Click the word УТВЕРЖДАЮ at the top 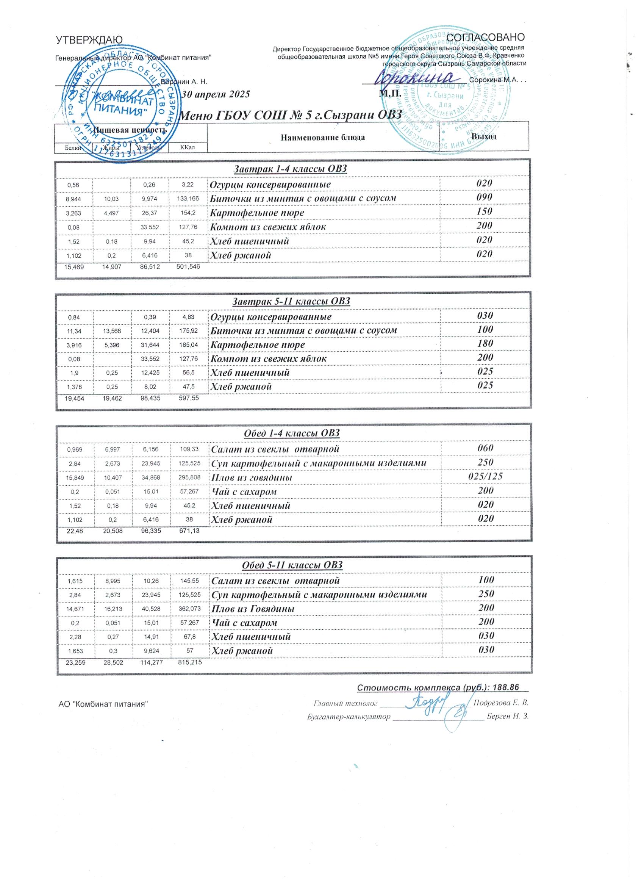coord(89,40)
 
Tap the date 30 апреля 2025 coord(216,94)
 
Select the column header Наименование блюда coord(323,137)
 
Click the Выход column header coord(484,137)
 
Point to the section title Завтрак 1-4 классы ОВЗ coord(290,169)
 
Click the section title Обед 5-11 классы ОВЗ coord(292,565)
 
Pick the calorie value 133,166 coord(188,199)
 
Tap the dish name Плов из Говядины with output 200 coord(253,609)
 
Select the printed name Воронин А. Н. coord(184,81)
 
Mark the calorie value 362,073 coord(189,609)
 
